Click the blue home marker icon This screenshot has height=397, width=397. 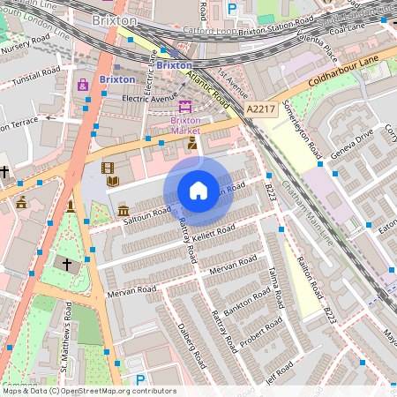tap(198, 191)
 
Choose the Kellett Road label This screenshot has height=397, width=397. tap(215, 234)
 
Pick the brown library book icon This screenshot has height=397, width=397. tap(113, 182)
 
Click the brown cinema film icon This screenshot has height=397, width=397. tap(108, 168)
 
